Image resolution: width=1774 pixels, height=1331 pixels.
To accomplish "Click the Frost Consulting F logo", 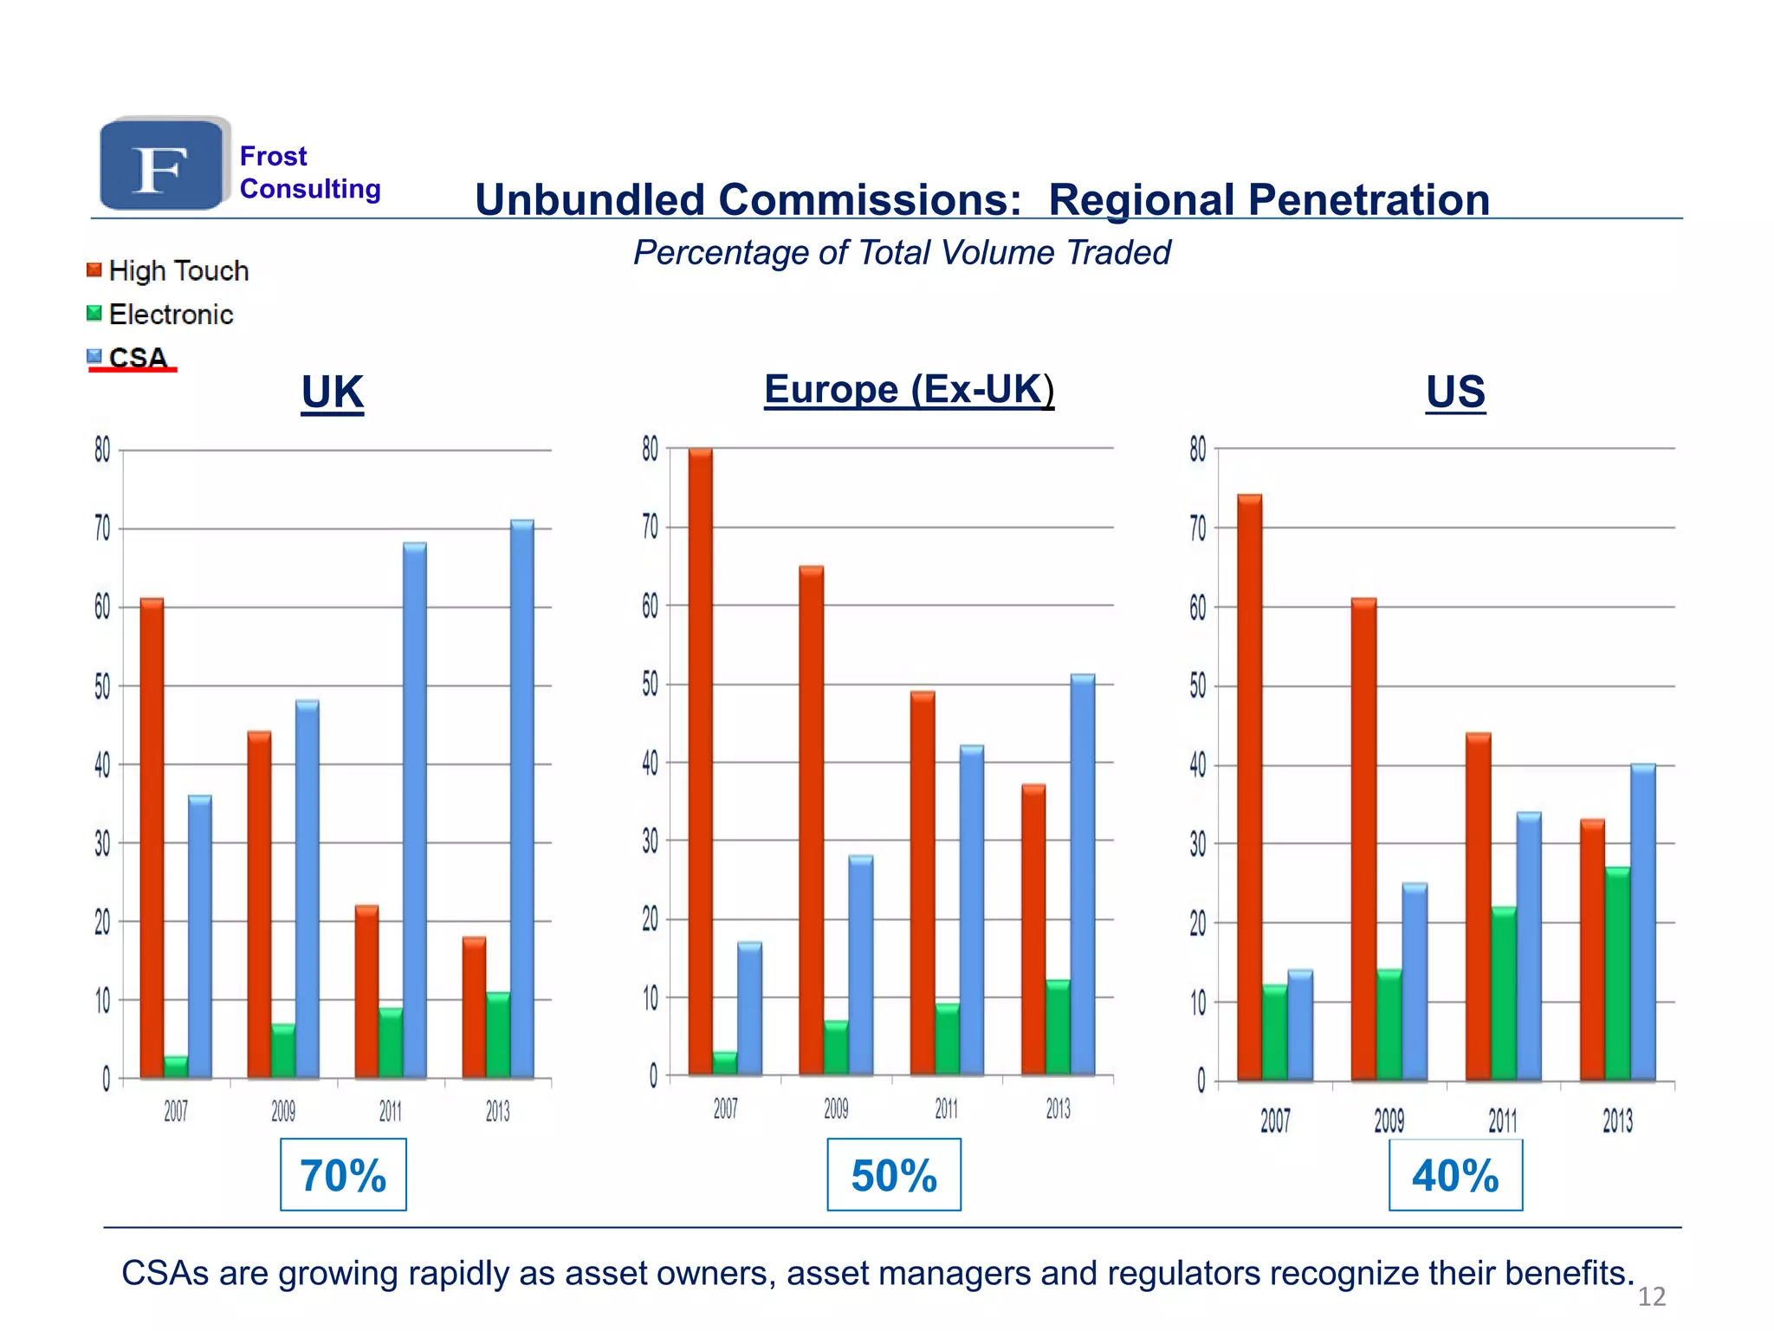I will coord(162,165).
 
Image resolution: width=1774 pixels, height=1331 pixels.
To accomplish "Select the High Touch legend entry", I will coord(168,271).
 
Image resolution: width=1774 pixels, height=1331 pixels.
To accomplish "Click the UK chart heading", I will coord(332,393).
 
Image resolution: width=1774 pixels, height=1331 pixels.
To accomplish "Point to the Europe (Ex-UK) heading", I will coord(909,389).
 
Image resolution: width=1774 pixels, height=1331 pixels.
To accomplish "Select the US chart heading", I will coord(1455,392).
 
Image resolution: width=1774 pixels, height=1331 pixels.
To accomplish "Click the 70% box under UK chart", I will coord(343,1175).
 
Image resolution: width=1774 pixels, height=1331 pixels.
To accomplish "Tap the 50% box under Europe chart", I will coord(894,1175).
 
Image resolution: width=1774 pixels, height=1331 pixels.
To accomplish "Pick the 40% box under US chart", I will coord(1455,1175).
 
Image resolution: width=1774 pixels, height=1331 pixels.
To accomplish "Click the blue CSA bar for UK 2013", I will coord(522,797).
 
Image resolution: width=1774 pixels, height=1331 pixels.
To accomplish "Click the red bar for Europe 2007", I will coord(701,763).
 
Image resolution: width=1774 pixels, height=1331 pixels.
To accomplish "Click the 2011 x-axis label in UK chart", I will coord(391,1112).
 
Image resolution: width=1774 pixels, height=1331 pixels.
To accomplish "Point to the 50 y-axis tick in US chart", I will coord(1197,686).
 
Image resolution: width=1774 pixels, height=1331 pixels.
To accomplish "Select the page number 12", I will coord(1651,1297).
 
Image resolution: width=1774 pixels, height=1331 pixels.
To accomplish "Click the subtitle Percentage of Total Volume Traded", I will coord(901,253).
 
